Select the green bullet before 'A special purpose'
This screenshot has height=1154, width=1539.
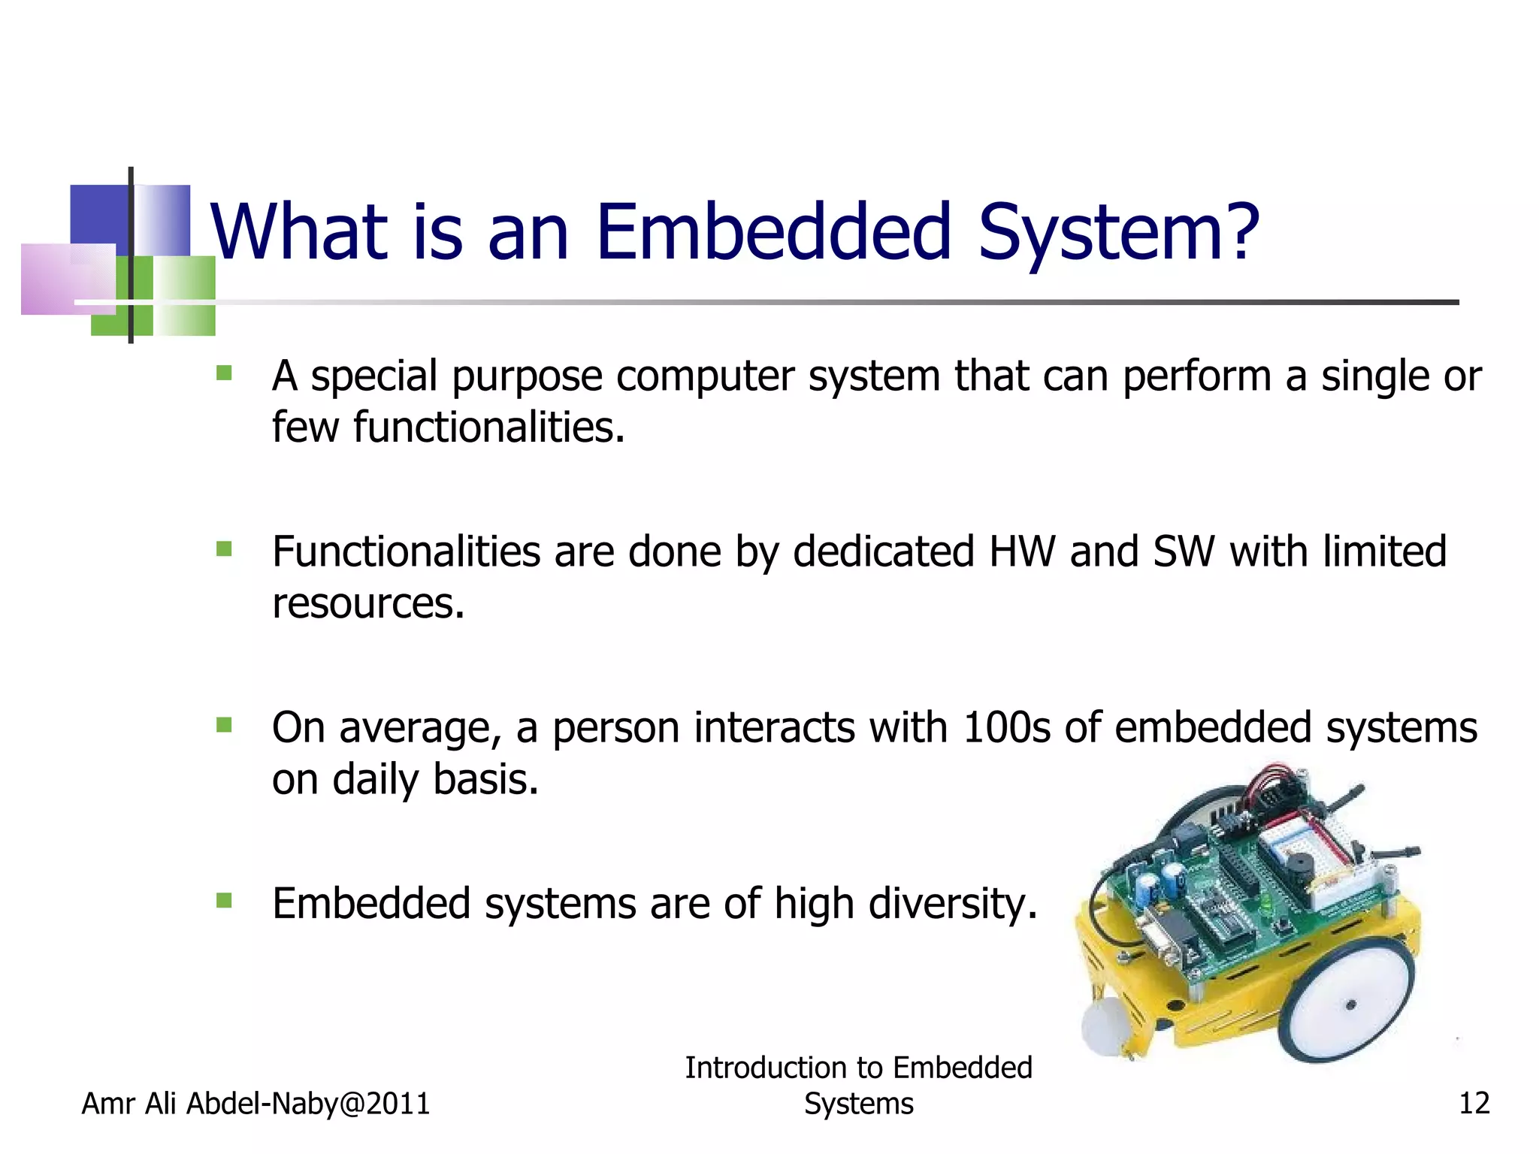tap(224, 373)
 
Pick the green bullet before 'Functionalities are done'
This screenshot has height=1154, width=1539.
tap(224, 549)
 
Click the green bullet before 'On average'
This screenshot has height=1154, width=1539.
tap(224, 725)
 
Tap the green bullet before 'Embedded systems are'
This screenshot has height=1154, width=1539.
tap(224, 900)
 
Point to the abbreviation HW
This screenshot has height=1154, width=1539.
tap(1022, 551)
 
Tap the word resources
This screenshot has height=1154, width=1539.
tap(367, 604)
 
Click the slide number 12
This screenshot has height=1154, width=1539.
tap(1474, 1104)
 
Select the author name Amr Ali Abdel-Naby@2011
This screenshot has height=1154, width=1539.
tap(255, 1104)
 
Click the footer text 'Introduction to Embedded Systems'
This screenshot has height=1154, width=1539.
tap(858, 1086)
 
